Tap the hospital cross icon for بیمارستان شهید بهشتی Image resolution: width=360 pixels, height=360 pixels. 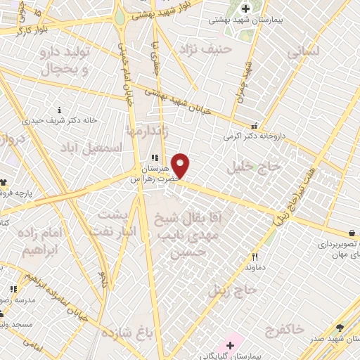(245, 8)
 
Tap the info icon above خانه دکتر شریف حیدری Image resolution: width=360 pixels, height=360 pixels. (59, 110)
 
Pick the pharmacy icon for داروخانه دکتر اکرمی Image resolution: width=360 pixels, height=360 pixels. (255, 126)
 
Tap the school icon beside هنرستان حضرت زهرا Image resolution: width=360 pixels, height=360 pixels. (154, 159)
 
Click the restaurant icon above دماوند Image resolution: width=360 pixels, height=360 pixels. (255, 257)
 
